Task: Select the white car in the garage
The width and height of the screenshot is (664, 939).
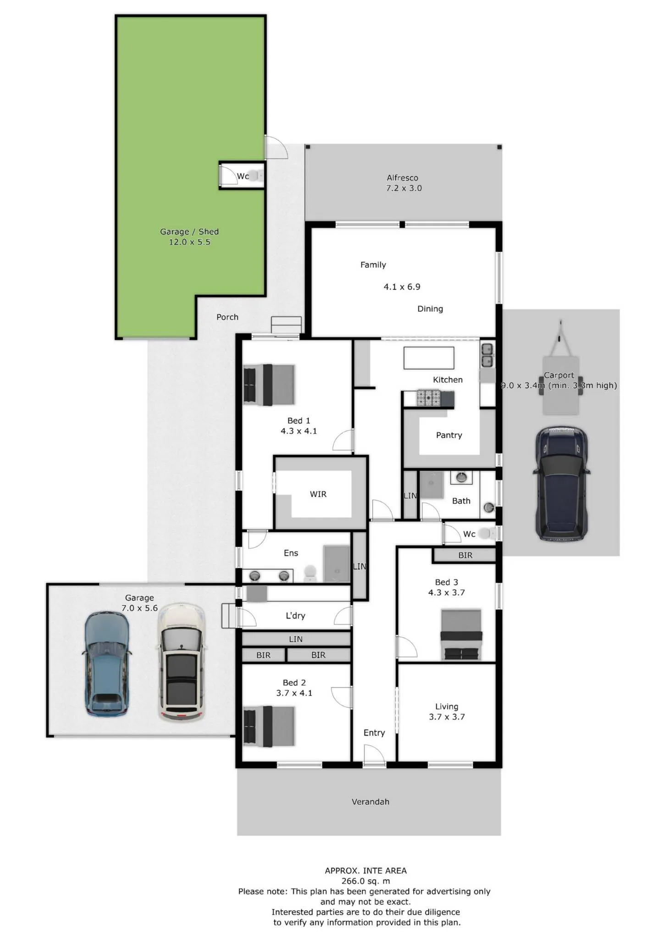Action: tap(182, 663)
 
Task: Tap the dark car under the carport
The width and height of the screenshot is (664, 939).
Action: tap(561, 483)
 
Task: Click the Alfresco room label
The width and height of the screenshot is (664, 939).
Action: tap(402, 178)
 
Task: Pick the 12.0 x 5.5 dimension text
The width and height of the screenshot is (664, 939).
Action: tap(189, 242)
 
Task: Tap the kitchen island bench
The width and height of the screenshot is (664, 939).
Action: tap(429, 358)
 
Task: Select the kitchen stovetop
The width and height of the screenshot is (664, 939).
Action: tap(429, 398)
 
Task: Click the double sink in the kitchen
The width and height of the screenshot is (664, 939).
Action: tap(487, 355)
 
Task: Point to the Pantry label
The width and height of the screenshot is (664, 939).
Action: tap(449, 435)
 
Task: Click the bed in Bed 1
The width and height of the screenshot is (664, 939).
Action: tap(269, 385)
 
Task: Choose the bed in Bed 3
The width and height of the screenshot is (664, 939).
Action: tap(461, 635)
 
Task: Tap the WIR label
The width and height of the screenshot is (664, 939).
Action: tap(318, 494)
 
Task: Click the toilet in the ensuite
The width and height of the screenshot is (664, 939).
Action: tap(310, 573)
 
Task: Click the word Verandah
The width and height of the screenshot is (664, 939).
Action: tap(371, 801)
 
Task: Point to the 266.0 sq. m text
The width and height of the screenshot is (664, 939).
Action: tap(366, 881)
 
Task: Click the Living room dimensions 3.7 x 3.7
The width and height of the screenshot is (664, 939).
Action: tap(447, 717)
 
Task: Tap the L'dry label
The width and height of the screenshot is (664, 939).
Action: tap(295, 615)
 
